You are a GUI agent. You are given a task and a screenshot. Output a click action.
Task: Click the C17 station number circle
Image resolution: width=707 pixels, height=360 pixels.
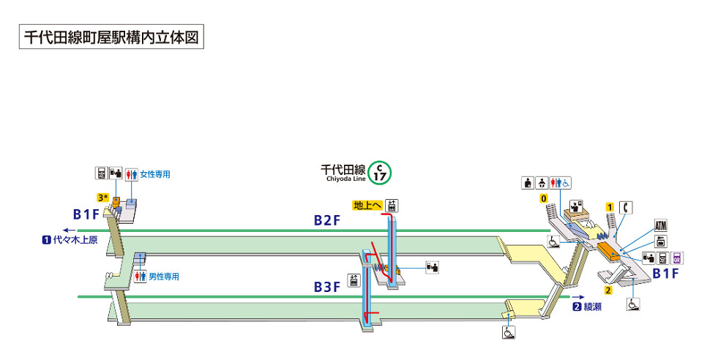click(x=380, y=173)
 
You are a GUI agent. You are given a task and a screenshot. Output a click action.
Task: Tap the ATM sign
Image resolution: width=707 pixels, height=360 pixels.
click(x=662, y=225)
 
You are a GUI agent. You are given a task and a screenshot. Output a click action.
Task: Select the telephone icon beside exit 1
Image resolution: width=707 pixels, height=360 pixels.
click(x=625, y=207)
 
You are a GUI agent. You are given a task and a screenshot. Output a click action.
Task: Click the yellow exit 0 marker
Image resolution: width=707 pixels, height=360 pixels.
click(x=543, y=198)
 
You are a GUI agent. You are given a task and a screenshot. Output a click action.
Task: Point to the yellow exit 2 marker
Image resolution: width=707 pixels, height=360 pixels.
click(x=607, y=290)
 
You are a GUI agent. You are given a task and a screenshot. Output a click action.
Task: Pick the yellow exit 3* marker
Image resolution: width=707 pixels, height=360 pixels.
click(x=102, y=198)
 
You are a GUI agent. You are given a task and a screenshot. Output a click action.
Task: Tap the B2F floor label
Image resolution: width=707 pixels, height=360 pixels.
click(x=328, y=220)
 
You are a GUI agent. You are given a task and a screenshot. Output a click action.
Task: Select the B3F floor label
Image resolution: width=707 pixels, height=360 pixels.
click(x=328, y=287)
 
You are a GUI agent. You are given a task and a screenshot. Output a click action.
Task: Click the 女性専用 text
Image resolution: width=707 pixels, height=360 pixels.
click(x=155, y=174)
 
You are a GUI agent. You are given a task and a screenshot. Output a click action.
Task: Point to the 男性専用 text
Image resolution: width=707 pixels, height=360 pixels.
click(x=164, y=277)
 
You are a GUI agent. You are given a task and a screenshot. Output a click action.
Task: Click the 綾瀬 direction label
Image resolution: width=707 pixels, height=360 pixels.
click(x=592, y=307)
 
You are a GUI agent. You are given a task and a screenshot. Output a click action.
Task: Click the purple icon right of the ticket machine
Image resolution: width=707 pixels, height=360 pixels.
click(x=678, y=258)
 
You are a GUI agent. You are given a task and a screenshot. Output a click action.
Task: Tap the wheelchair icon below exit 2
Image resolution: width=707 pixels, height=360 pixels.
click(x=632, y=303)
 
